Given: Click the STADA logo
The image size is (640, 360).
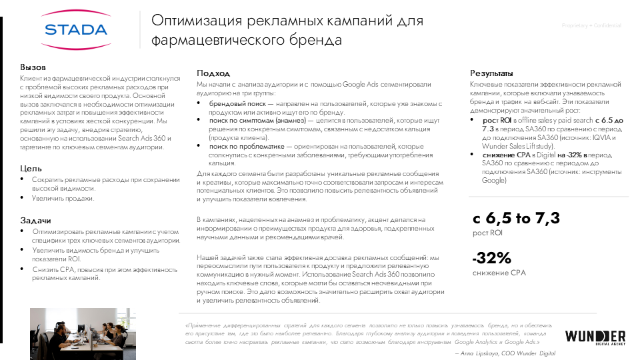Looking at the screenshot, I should pos(75,29).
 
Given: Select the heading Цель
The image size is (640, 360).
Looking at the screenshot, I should pos(31,169).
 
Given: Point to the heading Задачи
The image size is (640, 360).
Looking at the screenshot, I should pos(35,220).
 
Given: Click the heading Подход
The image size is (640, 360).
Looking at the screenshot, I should pos(213,73).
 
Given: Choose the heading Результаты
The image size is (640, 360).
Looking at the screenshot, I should pos(491,73).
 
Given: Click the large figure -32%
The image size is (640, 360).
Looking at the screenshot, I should pos(491,259).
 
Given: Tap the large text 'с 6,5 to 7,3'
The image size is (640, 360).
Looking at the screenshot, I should pos(516,218).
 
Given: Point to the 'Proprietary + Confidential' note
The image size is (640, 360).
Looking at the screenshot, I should pos(591,25).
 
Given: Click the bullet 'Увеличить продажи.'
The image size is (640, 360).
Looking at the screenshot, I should pos(63,199).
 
